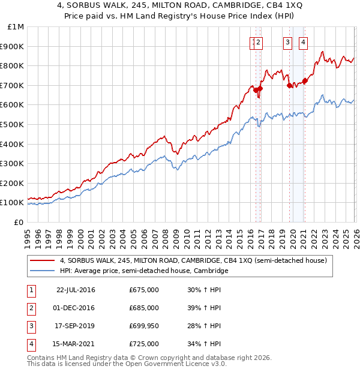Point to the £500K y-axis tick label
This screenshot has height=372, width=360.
pyautogui.click(x=13, y=124)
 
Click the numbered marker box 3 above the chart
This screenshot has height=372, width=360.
pyautogui.click(x=288, y=42)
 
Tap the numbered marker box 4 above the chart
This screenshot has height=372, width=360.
pyautogui.click(x=304, y=42)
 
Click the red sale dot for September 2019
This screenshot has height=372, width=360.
pyautogui.click(x=289, y=85)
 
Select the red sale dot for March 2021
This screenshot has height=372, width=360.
pyautogui.click(x=305, y=80)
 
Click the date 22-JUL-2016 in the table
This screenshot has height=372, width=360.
pyautogui.click(x=76, y=290)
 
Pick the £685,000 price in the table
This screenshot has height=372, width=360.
pyautogui.click(x=144, y=308)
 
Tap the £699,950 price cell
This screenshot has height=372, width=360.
pyautogui.click(x=144, y=326)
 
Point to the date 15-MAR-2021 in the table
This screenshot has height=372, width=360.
pyautogui.click(x=76, y=344)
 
